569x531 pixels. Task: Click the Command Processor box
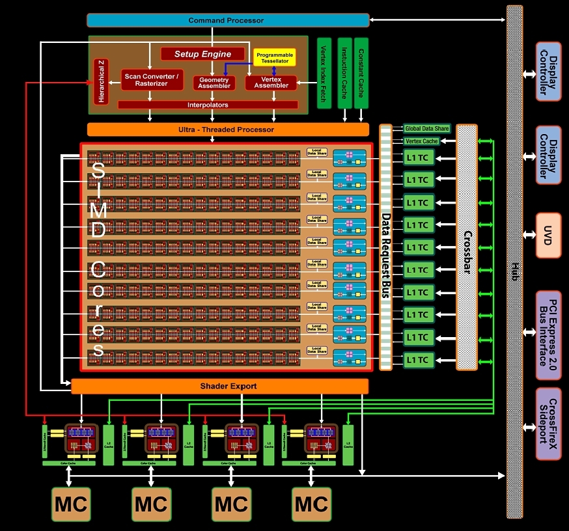tap(227, 20)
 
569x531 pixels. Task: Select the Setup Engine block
tap(202, 54)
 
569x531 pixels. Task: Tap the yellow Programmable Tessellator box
tap(274, 57)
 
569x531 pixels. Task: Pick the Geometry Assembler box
tap(214, 82)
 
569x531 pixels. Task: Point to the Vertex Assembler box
tap(271, 82)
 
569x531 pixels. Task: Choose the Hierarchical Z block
tap(101, 81)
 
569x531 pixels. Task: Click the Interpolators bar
tap(208, 104)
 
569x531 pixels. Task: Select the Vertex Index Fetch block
tap(323, 73)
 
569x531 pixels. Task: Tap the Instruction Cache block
tap(343, 73)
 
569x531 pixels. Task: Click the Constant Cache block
tap(362, 73)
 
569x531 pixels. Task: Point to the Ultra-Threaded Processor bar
tap(227, 129)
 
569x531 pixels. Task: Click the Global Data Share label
tap(426, 129)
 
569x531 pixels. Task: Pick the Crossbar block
tap(467, 247)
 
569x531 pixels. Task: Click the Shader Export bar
tap(219, 386)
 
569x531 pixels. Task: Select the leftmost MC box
tap(71, 504)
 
